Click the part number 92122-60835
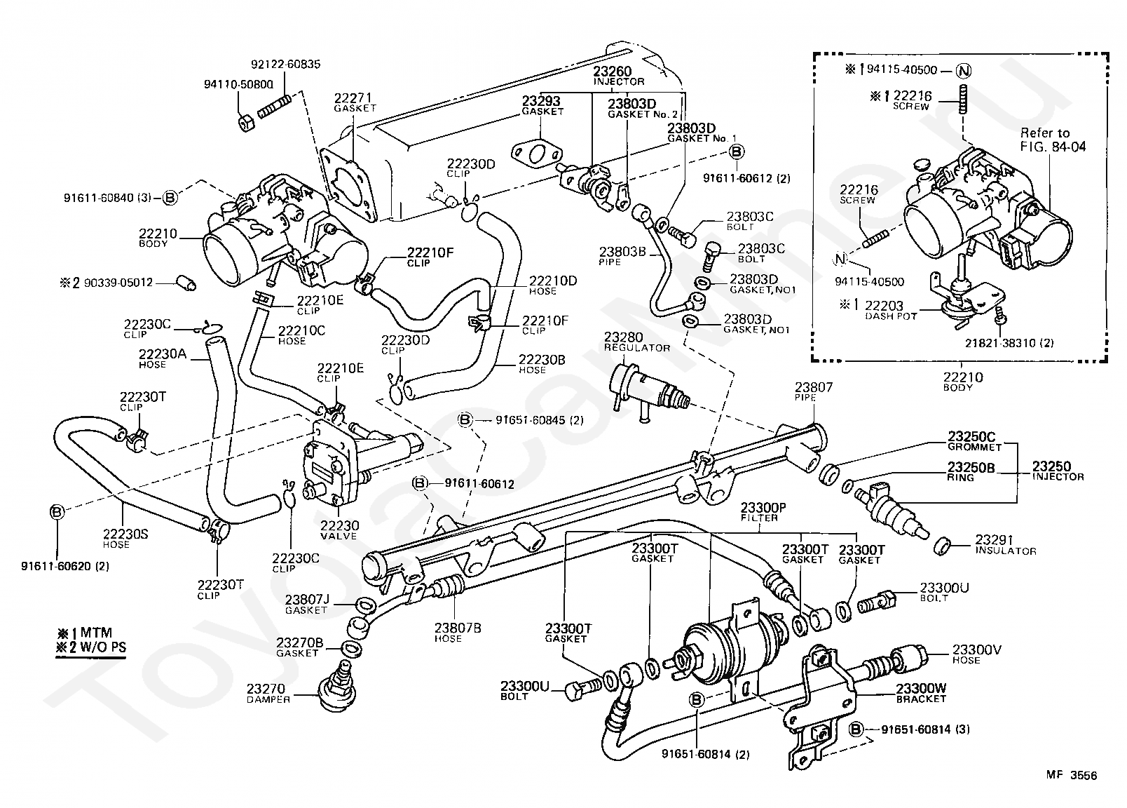pos(285,65)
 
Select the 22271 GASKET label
pos(355,102)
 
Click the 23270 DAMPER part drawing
pos(338,688)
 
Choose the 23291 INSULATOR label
pos(1006,545)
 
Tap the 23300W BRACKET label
pos(921,693)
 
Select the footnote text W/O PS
pos(103,647)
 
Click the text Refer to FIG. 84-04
pos(1053,140)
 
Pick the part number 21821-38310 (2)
pos(1009,344)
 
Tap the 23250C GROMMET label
pos(974,441)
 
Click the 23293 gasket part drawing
pos(536,152)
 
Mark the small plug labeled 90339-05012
pos(186,283)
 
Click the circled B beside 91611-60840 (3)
pos(170,198)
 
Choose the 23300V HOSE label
pos(976,654)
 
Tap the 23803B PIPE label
pos(622,256)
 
